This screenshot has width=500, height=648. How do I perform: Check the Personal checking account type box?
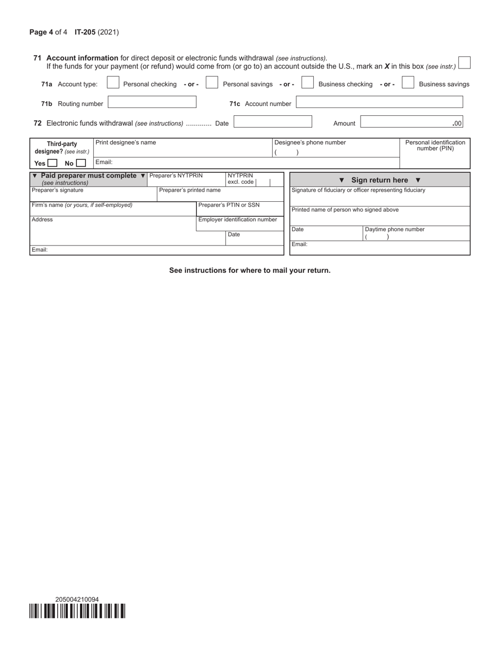(113, 83)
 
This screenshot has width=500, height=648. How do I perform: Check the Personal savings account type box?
(212, 83)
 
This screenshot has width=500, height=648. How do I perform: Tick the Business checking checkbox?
(307, 83)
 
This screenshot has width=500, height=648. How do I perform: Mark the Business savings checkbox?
(408, 83)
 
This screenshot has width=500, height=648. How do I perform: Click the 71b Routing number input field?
(152, 102)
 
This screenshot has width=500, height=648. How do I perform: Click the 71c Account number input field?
(379, 102)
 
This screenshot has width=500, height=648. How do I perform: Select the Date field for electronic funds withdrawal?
(273, 122)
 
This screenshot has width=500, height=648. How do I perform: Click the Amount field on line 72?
(412, 122)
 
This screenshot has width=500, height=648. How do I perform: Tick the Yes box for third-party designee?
(52, 163)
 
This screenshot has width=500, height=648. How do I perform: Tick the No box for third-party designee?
(81, 163)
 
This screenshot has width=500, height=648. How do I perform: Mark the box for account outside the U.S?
(464, 63)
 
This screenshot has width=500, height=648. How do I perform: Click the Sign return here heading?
(379, 180)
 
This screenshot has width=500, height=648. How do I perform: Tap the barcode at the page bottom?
(77, 611)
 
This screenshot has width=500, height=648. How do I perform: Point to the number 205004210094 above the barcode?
(77, 600)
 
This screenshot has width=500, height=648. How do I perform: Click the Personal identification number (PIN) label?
(435, 145)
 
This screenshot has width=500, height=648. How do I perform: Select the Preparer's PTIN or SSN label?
(229, 205)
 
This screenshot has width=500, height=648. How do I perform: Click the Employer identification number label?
(237, 220)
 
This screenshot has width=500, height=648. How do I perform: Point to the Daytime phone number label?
(395, 230)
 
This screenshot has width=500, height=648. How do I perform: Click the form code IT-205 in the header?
(85, 32)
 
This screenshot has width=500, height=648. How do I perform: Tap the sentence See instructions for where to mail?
(249, 270)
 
